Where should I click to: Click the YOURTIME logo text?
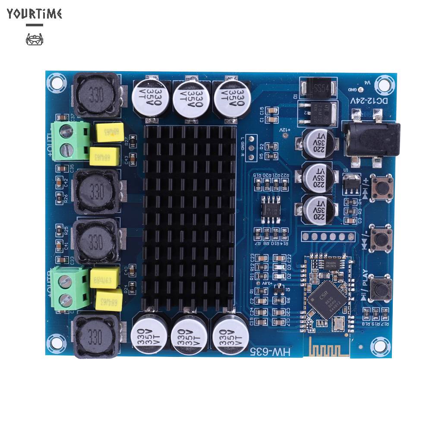pyautogui.click(x=35, y=14)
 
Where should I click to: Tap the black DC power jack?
pyautogui.click(x=370, y=139)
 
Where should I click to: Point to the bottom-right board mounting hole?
pyautogui.click(x=378, y=344)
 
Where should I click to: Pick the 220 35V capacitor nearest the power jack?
pyautogui.click(x=319, y=143)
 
